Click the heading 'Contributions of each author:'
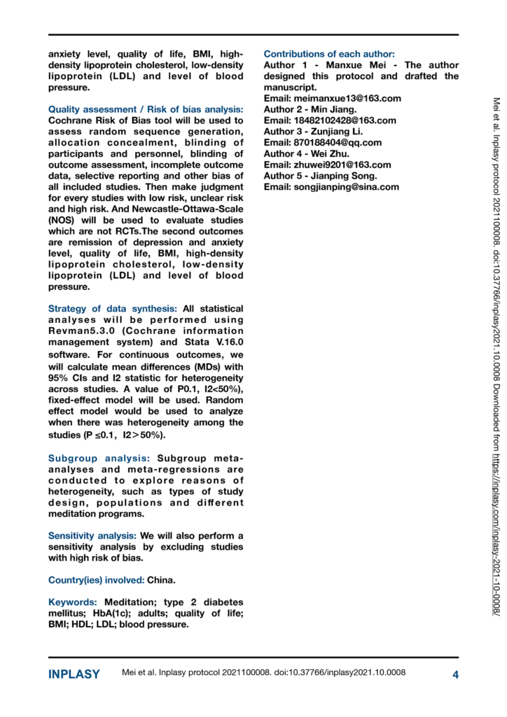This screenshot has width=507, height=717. tap(329, 54)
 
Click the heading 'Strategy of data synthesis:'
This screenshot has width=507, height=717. tap(113, 309)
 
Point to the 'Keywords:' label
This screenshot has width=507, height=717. tap(73, 602)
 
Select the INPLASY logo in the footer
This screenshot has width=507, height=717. tap(74, 675)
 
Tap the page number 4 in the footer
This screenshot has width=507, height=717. tap(455, 675)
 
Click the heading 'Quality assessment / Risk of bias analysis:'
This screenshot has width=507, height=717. tap(146, 110)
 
